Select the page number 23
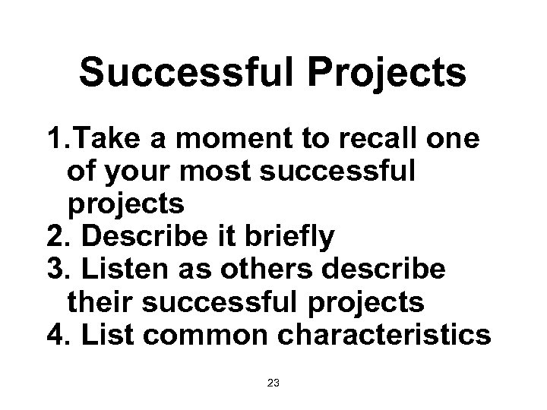[x=273, y=383]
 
